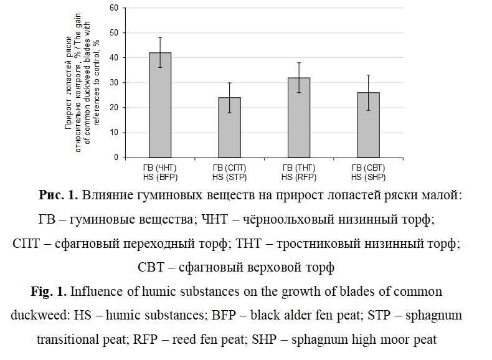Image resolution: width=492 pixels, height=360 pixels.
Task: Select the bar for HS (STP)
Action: (230, 127)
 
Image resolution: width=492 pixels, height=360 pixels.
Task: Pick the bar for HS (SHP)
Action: (369, 125)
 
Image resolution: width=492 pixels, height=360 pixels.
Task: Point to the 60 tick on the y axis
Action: (114, 8)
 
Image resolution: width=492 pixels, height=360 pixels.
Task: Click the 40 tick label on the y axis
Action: (114, 58)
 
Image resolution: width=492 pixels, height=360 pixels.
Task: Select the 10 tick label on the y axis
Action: (114, 133)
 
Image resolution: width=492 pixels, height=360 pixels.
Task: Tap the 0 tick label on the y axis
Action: (116, 158)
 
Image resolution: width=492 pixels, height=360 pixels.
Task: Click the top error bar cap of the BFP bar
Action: (160, 37)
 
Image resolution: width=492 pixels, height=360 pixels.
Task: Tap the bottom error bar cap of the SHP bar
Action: (369, 110)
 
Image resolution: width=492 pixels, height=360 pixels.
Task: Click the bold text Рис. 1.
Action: (58, 196)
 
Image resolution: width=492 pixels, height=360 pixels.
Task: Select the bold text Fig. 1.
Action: (50, 291)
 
